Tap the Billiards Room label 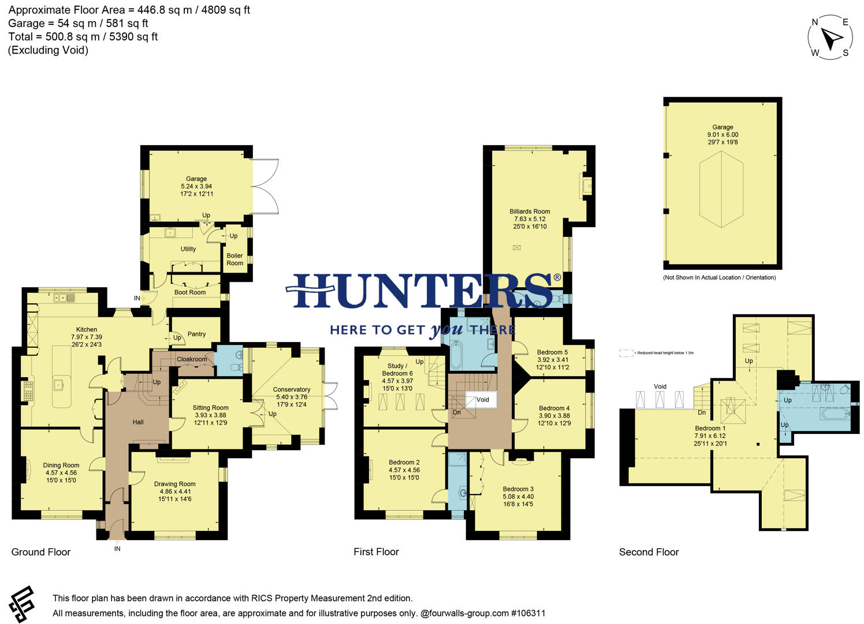pos(529,211)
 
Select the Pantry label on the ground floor pos(196,334)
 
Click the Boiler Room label pos(234,259)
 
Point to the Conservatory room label pos(291,389)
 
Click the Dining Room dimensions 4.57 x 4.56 pos(61,473)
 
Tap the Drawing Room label pos(174,484)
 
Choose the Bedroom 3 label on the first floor pos(517,489)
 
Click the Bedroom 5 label pos(552,352)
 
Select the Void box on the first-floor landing pos(482,400)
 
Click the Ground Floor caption pos(40,552)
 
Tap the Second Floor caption pos(649,552)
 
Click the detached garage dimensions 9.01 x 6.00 pos(723,135)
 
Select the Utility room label pos(188,249)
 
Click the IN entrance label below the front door pos(117,549)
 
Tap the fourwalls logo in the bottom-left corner pos(22,604)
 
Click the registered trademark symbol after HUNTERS pos(557,278)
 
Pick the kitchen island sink pos(58,384)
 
